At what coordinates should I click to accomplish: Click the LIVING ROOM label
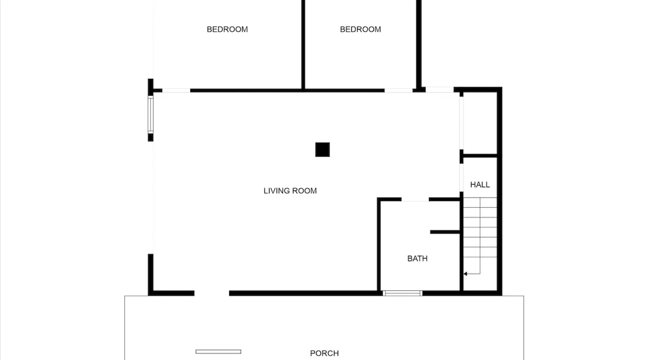pos(290,191)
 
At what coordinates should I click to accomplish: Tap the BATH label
pos(417,258)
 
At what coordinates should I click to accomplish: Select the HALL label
pos(480,185)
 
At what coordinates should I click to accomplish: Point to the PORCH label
pos(324,353)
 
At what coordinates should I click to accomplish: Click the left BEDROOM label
pos(227,30)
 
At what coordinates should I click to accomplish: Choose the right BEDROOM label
pos(360,30)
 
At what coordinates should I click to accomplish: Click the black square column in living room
pos(323,150)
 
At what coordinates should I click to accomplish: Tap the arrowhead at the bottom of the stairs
pos(465,274)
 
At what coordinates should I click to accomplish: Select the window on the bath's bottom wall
pos(402,293)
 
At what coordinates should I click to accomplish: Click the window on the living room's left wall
pos(150,114)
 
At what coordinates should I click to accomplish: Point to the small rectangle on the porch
pos(219,352)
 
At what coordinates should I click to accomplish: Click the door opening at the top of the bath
pos(415,199)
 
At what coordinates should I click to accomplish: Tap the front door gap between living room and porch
pos(212,293)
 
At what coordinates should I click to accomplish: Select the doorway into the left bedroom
pos(176,90)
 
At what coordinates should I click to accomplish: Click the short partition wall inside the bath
pos(445,232)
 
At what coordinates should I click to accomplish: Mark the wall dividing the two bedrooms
pos(303,45)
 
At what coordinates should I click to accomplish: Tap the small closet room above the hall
pos(480,123)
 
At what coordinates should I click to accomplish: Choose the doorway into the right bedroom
pos(399,90)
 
